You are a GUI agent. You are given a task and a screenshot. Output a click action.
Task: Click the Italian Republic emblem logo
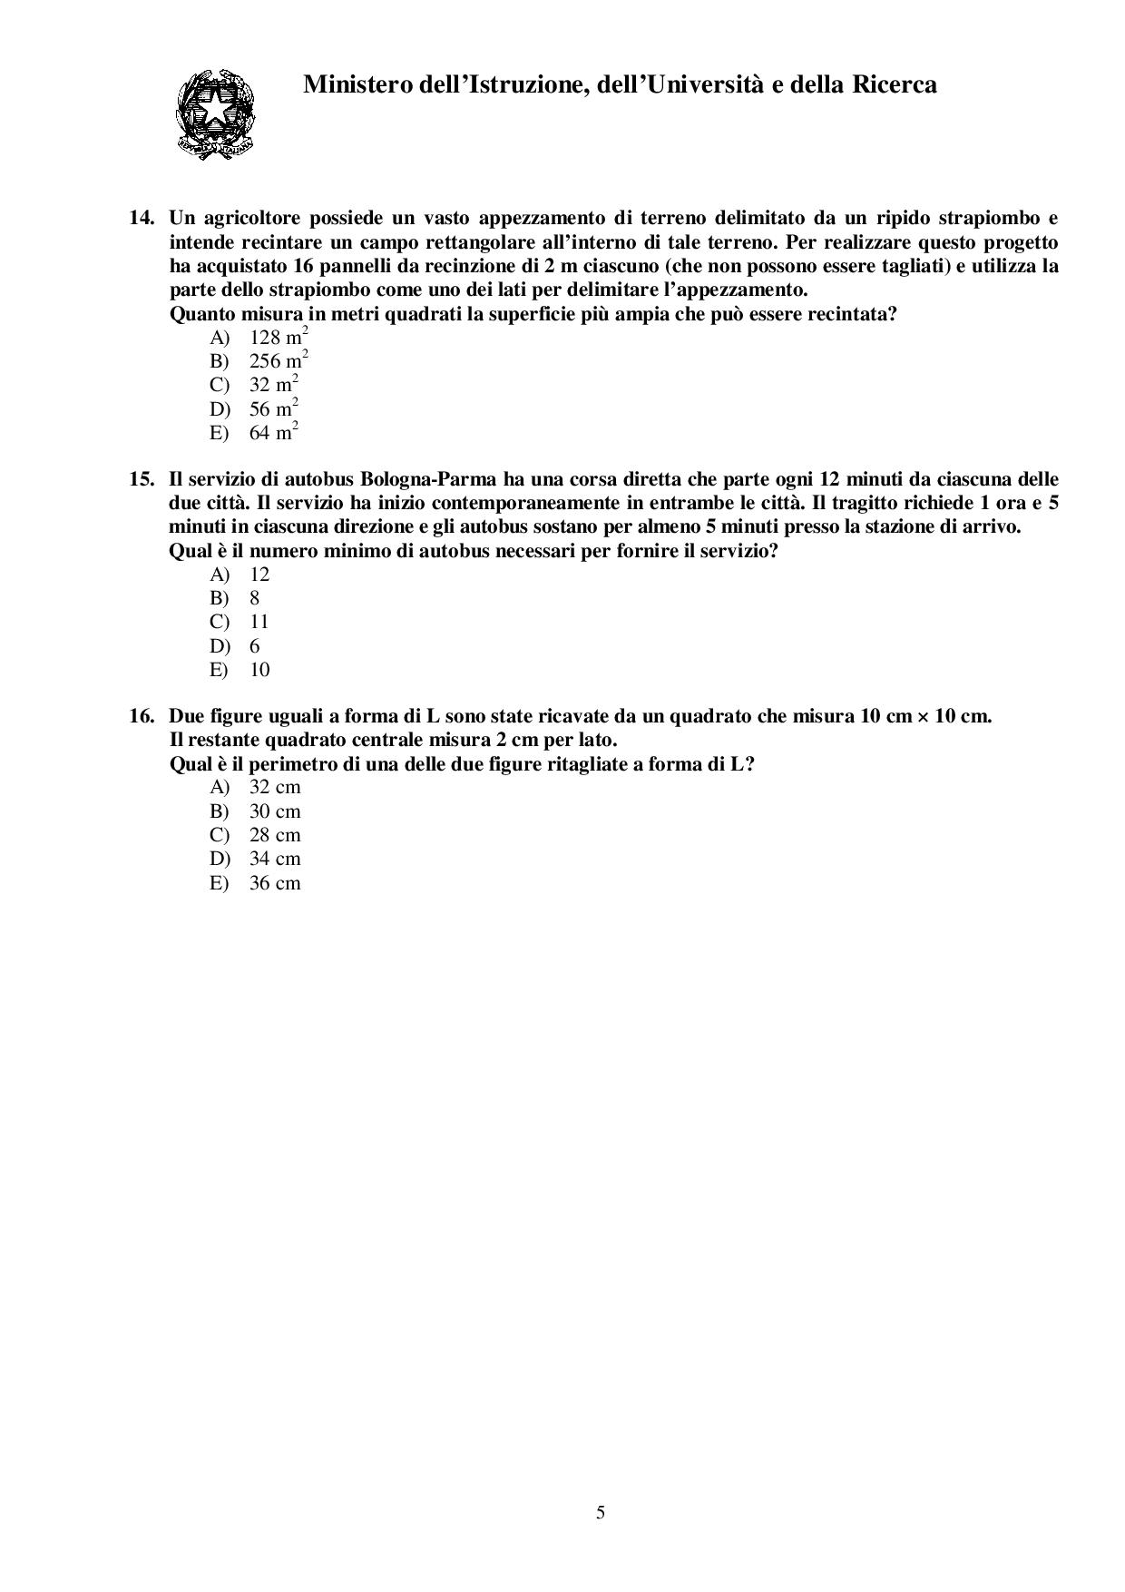pyautogui.click(x=214, y=114)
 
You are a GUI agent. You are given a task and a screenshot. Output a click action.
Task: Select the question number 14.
pyautogui.click(x=142, y=218)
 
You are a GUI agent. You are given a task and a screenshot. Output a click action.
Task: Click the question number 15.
pyautogui.click(x=142, y=478)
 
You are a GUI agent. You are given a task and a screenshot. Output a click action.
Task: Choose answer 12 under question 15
pyautogui.click(x=259, y=574)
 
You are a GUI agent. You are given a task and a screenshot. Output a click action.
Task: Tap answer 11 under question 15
pyautogui.click(x=259, y=622)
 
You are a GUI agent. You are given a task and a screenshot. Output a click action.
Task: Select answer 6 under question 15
pyautogui.click(x=255, y=646)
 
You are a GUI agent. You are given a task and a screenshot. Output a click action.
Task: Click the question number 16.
pyautogui.click(x=142, y=715)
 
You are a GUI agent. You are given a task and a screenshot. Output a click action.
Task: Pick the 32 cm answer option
pyautogui.click(x=274, y=787)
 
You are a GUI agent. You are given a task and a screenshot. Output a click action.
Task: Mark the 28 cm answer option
pyautogui.click(x=274, y=835)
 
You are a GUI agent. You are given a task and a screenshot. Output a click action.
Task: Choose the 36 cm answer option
pyautogui.click(x=274, y=883)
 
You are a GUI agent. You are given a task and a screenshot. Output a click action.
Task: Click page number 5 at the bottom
pyautogui.click(x=601, y=1513)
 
